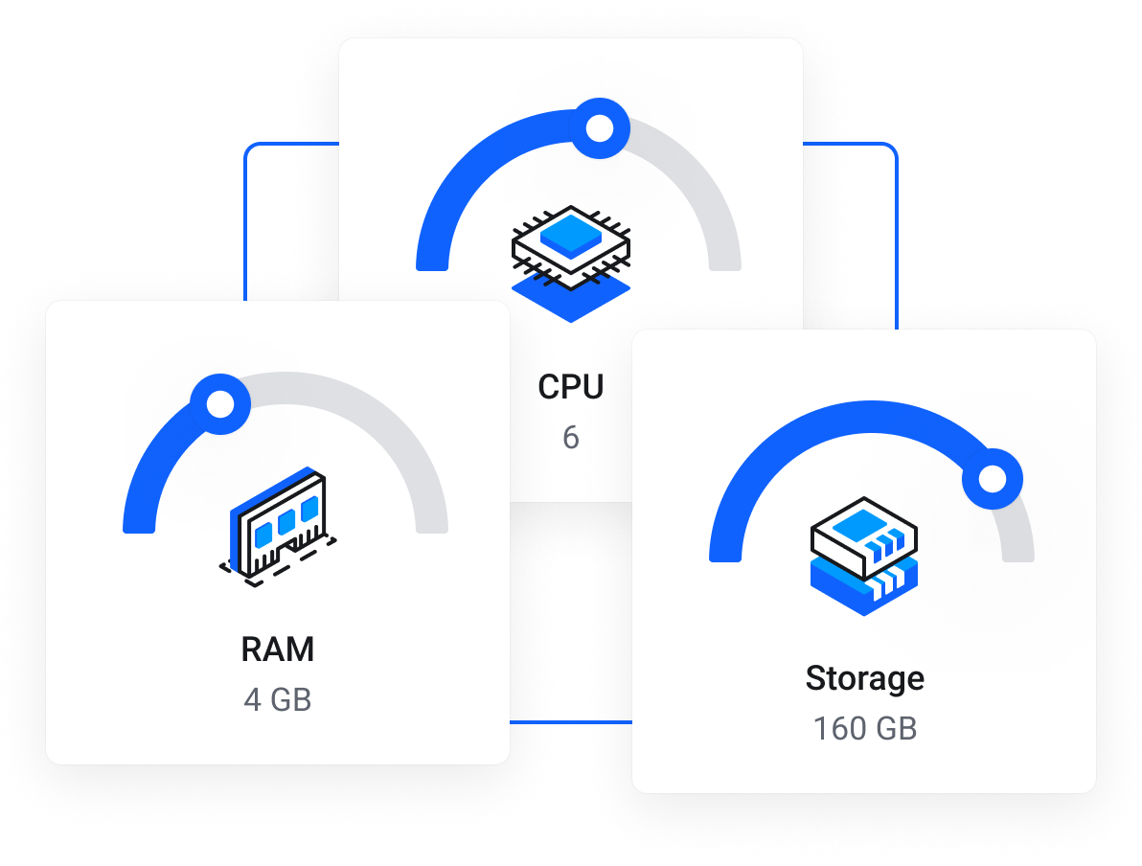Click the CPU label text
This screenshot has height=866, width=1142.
(x=571, y=387)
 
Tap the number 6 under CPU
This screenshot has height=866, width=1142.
(x=571, y=438)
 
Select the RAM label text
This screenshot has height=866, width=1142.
(x=278, y=649)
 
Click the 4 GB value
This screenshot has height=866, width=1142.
(x=278, y=700)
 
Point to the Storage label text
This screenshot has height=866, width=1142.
(x=864, y=678)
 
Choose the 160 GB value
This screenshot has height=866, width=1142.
(x=864, y=729)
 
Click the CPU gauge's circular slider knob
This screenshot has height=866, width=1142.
(x=600, y=127)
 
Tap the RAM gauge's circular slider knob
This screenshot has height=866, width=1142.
(x=220, y=403)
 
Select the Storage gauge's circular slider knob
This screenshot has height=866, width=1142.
(x=993, y=477)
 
